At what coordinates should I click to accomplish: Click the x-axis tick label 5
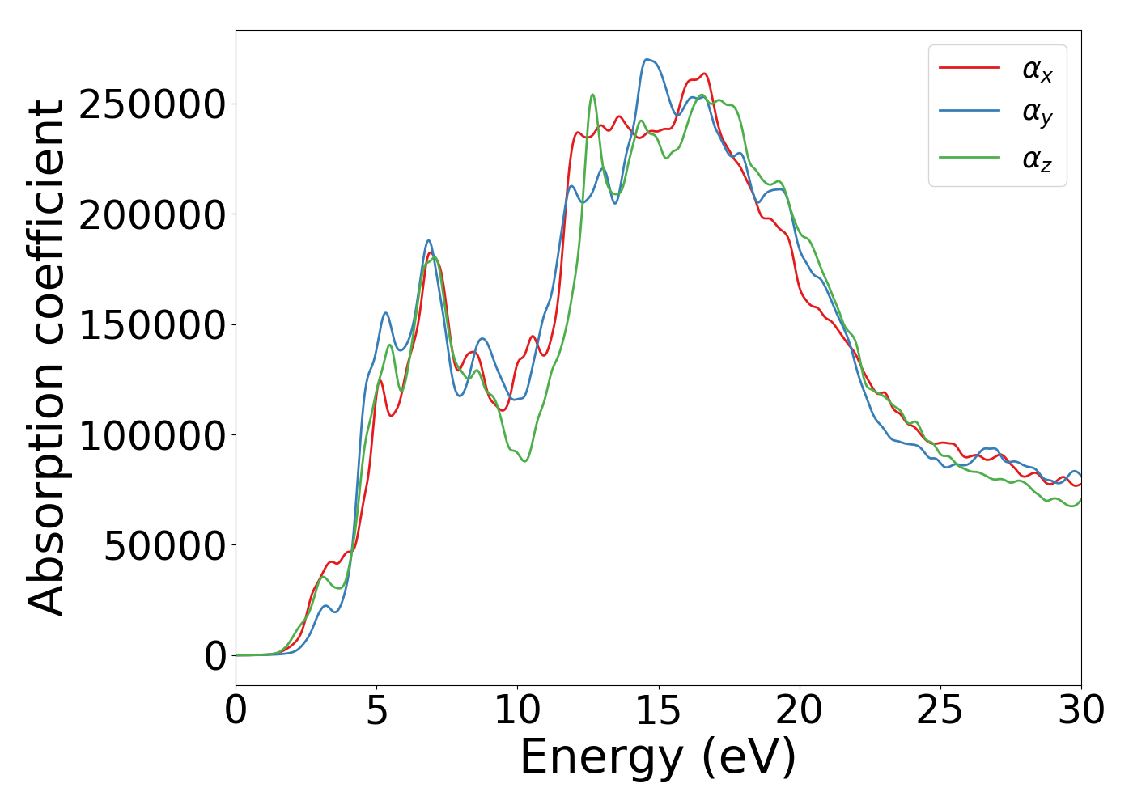(x=377, y=711)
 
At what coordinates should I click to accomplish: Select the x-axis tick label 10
(x=517, y=711)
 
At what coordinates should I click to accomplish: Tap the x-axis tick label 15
(x=659, y=711)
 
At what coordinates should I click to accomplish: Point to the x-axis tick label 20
(x=800, y=711)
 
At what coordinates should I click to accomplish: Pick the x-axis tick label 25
(x=940, y=711)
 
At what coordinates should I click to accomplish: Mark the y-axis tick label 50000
(x=165, y=546)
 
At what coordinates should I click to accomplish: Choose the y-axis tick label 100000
(x=153, y=436)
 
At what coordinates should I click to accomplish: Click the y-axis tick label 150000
(x=153, y=326)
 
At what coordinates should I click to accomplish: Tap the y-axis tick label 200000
(x=153, y=215)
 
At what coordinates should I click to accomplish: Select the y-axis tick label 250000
(x=153, y=105)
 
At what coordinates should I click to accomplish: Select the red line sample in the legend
(x=970, y=69)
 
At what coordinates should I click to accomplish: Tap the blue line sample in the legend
(x=970, y=112)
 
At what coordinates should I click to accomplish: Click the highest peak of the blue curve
(x=647, y=59)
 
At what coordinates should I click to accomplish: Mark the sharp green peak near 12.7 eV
(x=592, y=95)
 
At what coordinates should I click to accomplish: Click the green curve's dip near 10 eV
(x=525, y=461)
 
